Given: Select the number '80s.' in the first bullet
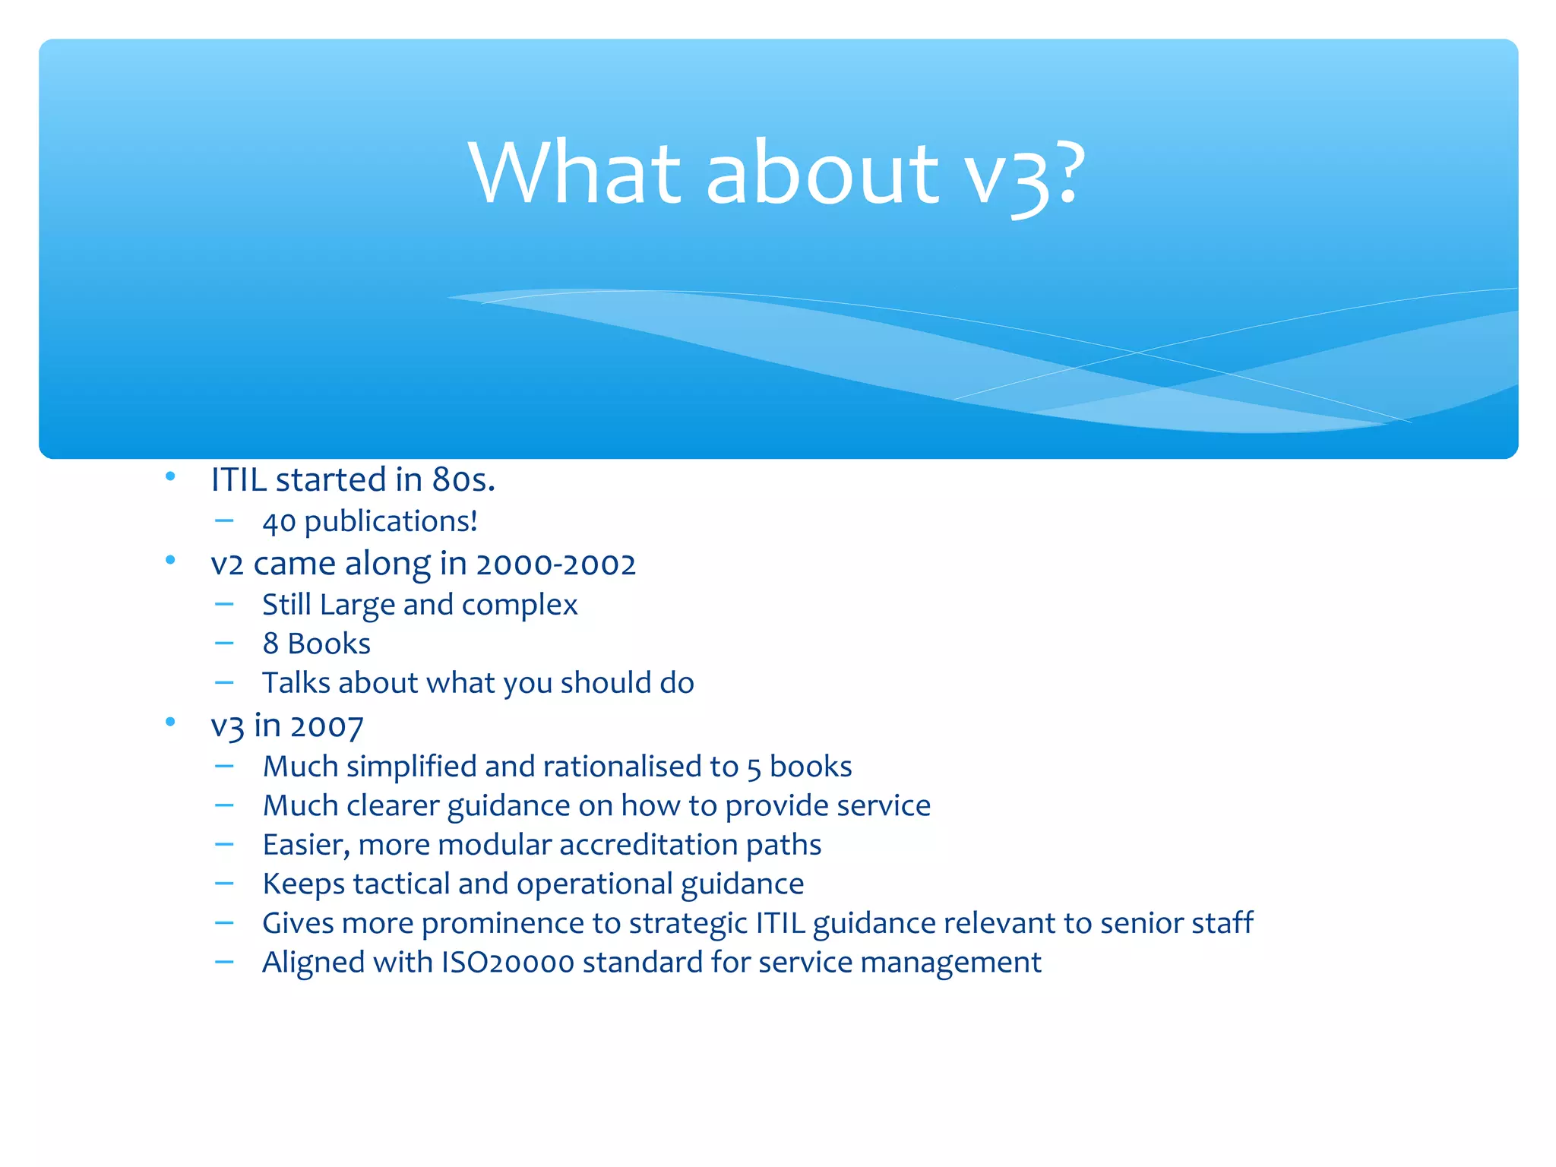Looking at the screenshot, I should [463, 479].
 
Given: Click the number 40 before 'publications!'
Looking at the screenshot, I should [279, 522].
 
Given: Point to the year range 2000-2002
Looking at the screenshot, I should [555, 564].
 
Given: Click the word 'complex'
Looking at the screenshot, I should [520, 605].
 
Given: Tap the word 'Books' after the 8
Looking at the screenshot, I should [329, 644].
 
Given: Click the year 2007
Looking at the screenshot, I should [327, 726].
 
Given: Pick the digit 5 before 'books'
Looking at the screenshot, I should [754, 768].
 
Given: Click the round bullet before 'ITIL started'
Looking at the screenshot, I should [170, 476].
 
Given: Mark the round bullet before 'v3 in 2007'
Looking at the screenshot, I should [170, 721].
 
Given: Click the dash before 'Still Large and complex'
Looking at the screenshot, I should [224, 604].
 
